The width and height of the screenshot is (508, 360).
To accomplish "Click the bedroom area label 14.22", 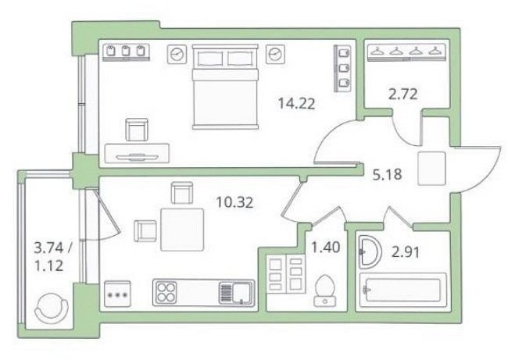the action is (296, 104).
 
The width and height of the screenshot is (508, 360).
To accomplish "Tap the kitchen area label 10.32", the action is (234, 203).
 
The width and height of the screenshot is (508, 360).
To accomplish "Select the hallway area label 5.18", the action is (387, 175).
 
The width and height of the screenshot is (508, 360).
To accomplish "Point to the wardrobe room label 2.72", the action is (402, 94).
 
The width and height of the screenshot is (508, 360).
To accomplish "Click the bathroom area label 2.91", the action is (406, 252).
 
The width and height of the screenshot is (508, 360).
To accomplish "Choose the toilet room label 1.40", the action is (325, 248).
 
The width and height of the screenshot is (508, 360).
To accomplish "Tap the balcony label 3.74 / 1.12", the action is (53, 257).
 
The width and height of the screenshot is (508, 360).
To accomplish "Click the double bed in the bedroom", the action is (226, 87).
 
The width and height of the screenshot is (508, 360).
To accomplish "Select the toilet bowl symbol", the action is (324, 290).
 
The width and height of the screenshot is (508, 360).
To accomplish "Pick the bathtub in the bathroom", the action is (403, 290).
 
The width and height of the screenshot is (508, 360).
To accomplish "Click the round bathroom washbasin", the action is (370, 252).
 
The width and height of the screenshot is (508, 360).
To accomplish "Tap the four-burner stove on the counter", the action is (166, 293).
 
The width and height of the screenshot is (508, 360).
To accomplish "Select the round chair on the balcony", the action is (52, 308).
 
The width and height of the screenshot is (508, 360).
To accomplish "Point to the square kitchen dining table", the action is (182, 230).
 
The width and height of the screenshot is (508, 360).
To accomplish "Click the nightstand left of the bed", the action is (177, 54).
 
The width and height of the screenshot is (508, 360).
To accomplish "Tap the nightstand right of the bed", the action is (275, 54).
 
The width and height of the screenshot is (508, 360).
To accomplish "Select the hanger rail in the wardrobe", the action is (406, 52).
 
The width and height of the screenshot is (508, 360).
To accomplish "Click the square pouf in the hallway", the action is (431, 169).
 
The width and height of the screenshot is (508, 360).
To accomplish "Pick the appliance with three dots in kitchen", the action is (117, 294).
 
